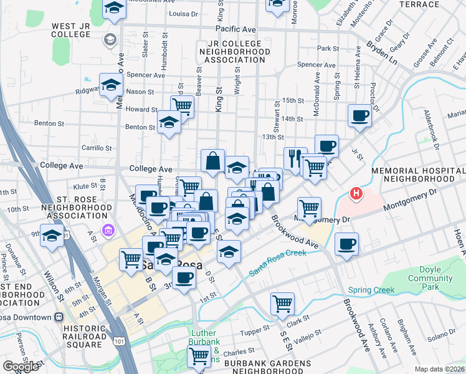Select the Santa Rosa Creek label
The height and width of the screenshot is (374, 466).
[278, 262]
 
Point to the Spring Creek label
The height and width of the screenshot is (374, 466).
[372, 290]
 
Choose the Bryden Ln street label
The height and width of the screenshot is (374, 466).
[381, 47]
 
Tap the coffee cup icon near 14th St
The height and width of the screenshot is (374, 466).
[360, 115]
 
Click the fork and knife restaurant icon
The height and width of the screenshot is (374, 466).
[295, 158]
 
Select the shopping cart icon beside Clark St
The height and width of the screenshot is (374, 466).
[282, 304]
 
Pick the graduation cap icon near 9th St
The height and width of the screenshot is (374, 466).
[52, 236]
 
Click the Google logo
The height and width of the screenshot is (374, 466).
[21, 366]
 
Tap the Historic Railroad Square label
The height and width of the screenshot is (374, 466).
[75, 336]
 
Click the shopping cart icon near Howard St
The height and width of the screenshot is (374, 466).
[182, 105]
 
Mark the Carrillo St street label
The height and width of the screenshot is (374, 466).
[97, 148]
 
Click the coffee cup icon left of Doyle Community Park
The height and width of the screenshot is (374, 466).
[346, 244]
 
